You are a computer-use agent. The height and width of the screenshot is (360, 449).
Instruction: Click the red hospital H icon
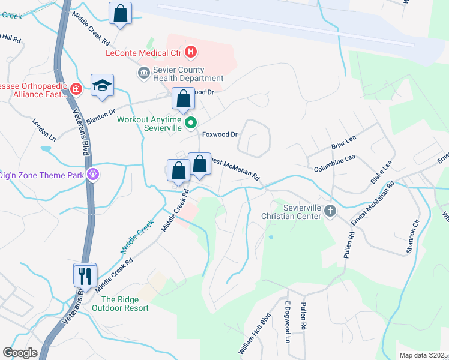click(191, 52)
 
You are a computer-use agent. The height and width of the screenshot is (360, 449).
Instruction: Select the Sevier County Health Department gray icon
click(144, 73)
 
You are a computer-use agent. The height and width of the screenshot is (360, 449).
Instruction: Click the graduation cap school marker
click(102, 85)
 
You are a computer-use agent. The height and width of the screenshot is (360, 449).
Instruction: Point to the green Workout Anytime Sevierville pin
click(191, 124)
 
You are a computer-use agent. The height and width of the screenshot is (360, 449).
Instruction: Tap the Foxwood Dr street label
click(220, 134)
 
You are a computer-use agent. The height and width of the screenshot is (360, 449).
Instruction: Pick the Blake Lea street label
click(381, 172)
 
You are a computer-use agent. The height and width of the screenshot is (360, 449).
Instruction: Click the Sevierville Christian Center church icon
click(330, 211)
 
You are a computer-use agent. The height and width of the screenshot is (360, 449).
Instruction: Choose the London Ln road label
click(44, 129)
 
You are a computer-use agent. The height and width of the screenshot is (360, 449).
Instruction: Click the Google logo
click(20, 353)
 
